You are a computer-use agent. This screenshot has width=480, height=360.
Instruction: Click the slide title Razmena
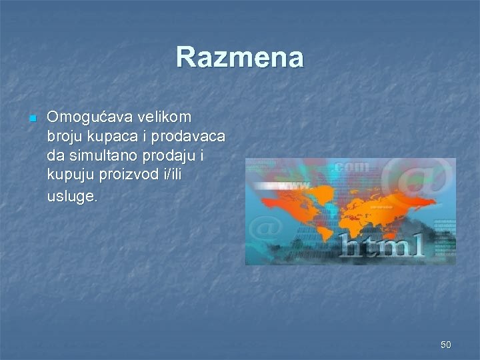240,57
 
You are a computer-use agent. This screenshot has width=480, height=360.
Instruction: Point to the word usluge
72,197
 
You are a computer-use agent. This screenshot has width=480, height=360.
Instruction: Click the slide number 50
445,345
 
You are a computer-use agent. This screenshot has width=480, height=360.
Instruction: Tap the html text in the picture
381,245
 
